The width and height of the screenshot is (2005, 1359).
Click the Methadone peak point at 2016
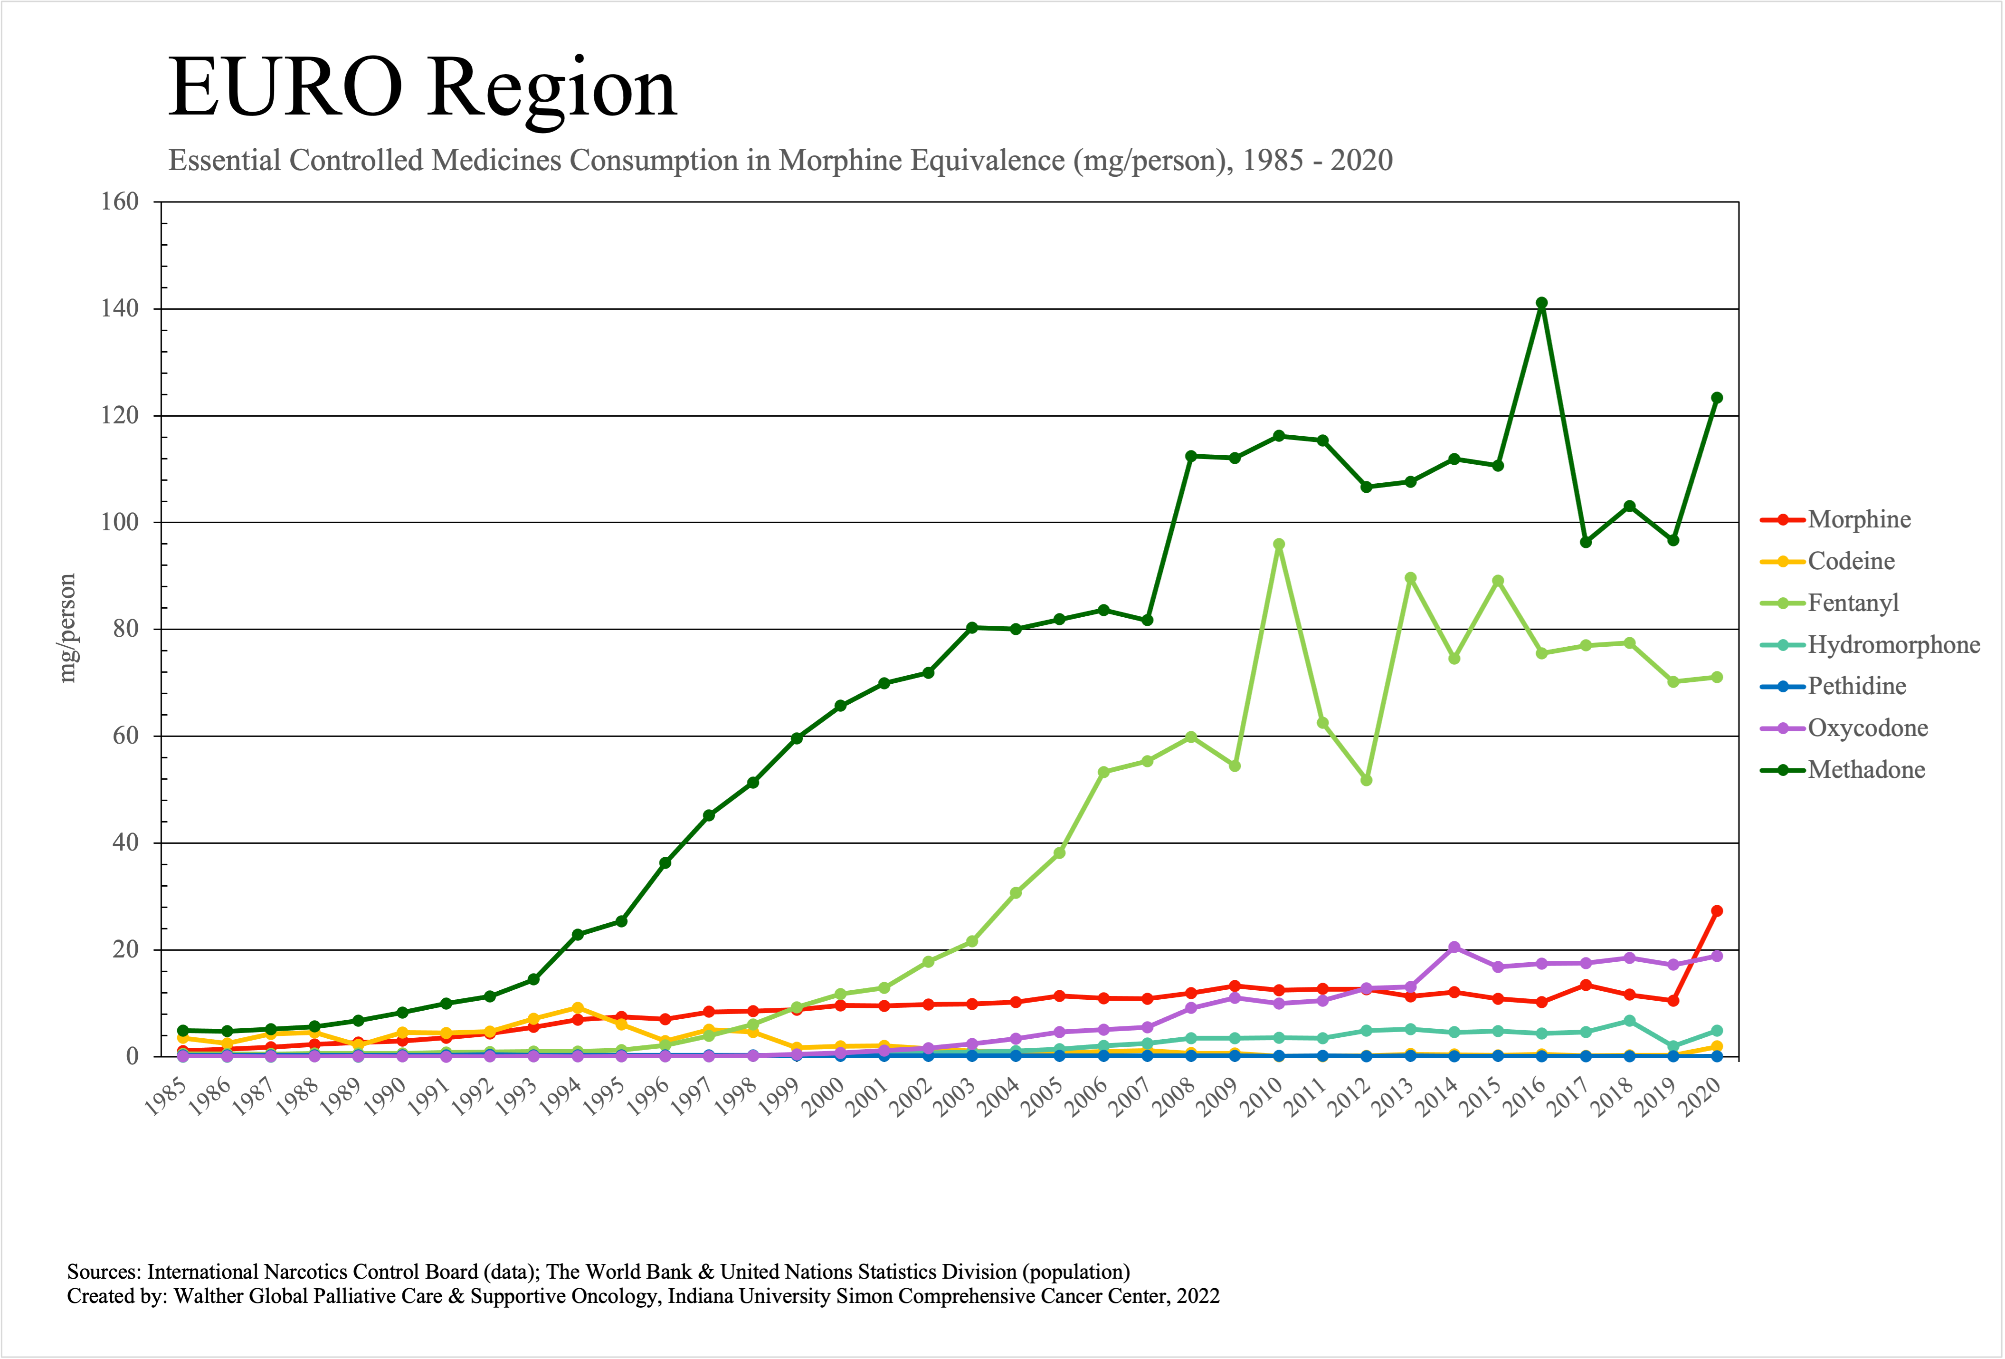click(1542, 303)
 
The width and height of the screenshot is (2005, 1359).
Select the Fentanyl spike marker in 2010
click(1279, 545)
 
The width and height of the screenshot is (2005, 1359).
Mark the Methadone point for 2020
click(1717, 398)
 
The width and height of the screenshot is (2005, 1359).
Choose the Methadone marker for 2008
click(1190, 456)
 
